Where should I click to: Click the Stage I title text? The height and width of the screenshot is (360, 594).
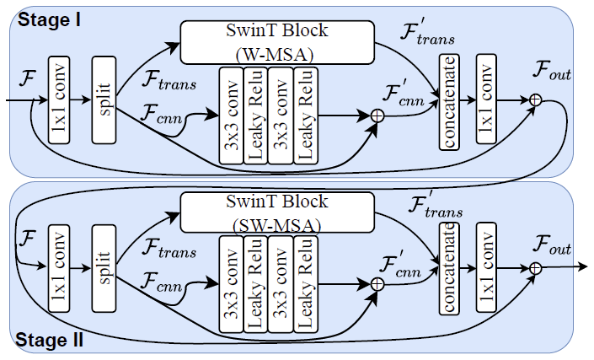coord(47,19)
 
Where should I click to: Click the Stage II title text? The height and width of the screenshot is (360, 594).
coord(51,341)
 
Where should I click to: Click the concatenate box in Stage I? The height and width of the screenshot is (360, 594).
coord(449,103)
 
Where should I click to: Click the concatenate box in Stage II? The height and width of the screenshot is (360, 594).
coord(449,268)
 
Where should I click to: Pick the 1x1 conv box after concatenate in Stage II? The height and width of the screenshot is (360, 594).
coord(485,268)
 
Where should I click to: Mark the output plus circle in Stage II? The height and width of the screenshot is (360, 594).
coord(535,268)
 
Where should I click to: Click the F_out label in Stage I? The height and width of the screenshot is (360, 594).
coord(552,74)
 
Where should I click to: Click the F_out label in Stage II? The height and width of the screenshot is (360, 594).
coord(552,247)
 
